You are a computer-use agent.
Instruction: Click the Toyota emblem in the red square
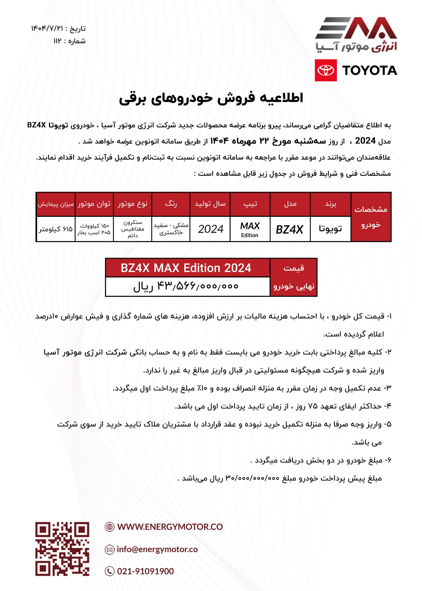326,70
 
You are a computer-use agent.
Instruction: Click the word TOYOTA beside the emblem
370,70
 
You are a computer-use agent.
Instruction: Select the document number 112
57,41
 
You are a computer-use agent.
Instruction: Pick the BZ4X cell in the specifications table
289,229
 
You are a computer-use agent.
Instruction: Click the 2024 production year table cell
210,229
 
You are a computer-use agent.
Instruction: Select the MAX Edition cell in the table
250,229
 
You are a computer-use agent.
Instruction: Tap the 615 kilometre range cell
56,229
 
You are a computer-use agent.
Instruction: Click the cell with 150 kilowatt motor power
94,229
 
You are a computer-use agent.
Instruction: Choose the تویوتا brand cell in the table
330,229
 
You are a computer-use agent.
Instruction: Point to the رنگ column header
171,204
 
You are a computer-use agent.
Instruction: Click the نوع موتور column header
133,204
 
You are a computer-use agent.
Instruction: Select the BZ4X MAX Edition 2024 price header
186,268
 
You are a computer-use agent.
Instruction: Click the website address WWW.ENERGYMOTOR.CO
170,527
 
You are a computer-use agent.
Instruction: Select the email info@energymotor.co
157,549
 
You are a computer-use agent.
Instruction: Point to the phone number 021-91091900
145,571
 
